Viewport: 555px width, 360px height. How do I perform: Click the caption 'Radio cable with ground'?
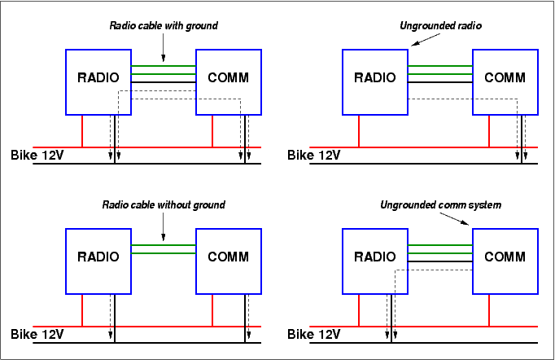(x=164, y=26)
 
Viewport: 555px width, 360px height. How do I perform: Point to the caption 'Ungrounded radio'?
(x=441, y=26)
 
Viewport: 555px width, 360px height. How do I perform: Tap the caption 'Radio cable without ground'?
(x=164, y=204)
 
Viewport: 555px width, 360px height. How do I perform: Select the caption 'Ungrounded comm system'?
(x=441, y=204)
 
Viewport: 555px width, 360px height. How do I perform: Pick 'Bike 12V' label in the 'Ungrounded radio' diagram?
(x=313, y=155)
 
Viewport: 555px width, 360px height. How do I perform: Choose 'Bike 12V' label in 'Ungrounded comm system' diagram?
(x=313, y=334)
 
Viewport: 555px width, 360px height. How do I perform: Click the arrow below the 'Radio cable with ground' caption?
(x=164, y=48)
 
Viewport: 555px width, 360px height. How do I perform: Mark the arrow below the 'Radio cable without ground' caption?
(x=164, y=227)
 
